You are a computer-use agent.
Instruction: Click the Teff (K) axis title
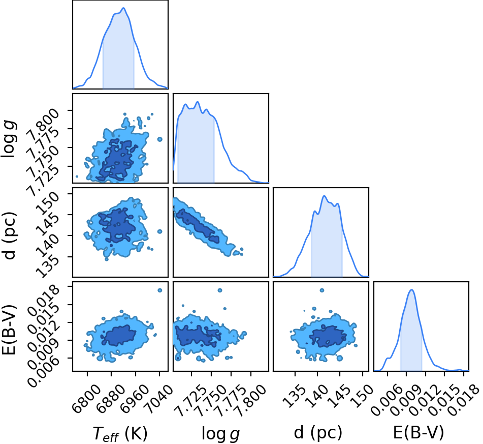120,433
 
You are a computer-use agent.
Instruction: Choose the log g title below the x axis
220,434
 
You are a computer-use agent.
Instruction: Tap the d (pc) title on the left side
9,235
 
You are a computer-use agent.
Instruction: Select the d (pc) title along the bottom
318,433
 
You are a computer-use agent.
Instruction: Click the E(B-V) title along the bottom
418,433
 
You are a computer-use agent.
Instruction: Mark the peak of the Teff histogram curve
123,8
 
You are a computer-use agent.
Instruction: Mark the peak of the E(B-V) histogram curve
411,290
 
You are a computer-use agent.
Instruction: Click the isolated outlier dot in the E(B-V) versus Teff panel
159,290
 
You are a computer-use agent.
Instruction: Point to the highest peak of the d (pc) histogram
324,196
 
